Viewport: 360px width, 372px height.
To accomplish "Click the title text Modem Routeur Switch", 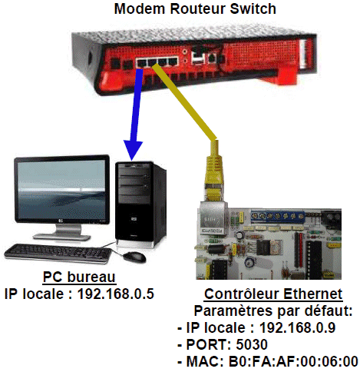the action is [195, 8].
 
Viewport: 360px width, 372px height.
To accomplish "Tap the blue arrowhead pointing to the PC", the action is [133, 150].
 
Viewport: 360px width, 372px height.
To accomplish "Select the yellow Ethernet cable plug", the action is [214, 171].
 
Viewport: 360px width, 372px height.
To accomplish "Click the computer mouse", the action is [134, 257].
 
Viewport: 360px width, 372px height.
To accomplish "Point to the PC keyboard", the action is [58, 253].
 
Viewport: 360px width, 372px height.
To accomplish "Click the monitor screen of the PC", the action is [61, 189].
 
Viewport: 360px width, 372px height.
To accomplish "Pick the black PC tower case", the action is [140, 204].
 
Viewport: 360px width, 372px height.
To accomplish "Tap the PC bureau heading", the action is [79, 277].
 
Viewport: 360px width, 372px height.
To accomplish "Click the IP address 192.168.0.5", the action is [115, 294].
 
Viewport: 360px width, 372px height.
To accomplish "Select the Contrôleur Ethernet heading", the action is [273, 294].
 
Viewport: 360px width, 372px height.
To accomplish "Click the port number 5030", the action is [252, 344].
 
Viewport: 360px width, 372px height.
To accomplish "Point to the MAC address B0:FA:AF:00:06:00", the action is [293, 361].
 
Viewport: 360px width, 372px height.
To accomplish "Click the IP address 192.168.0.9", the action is [297, 327].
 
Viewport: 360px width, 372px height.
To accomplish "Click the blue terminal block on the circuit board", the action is [277, 216].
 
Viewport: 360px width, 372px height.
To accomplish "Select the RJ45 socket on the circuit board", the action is [212, 218].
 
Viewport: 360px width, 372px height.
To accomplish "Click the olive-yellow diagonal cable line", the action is [185, 102].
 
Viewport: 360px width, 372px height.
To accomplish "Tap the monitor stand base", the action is [61, 237].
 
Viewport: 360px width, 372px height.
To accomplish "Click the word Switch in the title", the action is [253, 8].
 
